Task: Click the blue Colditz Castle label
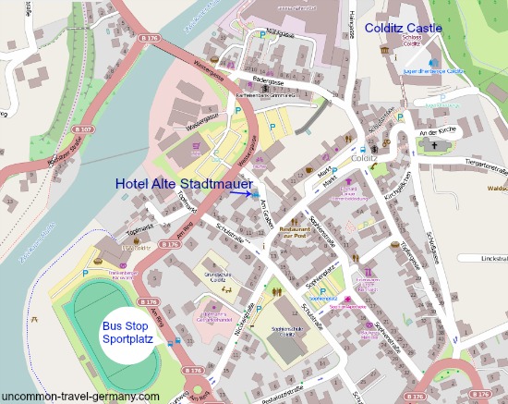[404, 28]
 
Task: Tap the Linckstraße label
[489, 258]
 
